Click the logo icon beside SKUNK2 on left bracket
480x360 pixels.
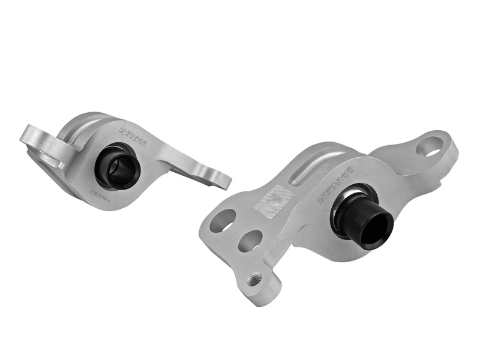pyautogui.click(x=122, y=130)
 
